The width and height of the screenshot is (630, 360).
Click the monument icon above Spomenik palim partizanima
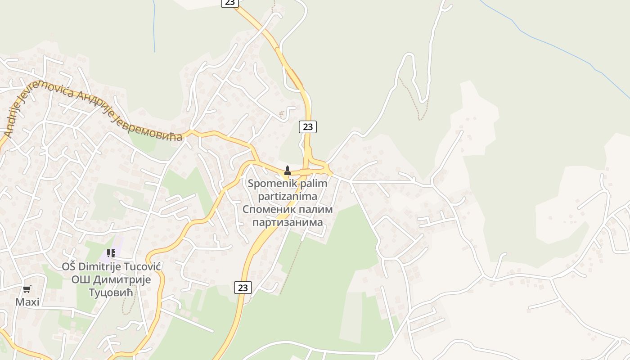pos(288,171)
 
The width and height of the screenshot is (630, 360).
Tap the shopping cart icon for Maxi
pos(27,289)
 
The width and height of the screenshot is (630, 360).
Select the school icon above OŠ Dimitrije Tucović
pos(111,253)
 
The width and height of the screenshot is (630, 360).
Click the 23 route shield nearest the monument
pos(308,127)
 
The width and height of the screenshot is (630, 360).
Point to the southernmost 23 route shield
pos(243,288)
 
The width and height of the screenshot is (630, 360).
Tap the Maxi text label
pos(27,302)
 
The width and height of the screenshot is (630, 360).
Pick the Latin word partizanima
pos(288,197)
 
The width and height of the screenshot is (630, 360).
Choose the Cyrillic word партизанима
pos(288,222)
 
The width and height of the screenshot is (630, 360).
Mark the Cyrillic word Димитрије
pos(122,279)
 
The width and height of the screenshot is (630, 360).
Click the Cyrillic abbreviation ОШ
pos(80,279)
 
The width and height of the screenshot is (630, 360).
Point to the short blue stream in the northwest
pos(154,27)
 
